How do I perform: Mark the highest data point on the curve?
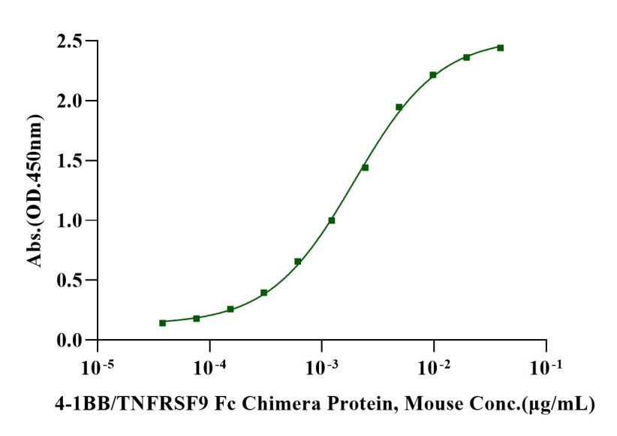pos(500,47)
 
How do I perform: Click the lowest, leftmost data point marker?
pos(162,322)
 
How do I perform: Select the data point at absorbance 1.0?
pos(332,220)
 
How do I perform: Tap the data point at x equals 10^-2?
pos(433,74)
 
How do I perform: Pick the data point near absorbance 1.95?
pos(399,107)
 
